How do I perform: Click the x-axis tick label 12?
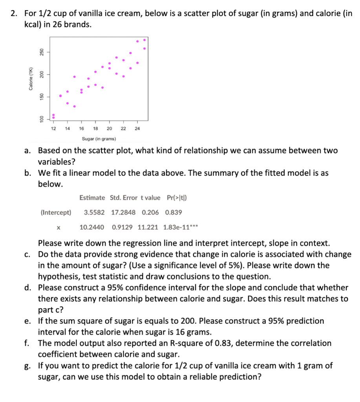[x=53, y=128]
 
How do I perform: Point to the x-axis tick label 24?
[x=137, y=128]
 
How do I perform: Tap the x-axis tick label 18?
[x=95, y=128]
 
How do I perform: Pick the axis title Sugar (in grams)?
[x=99, y=139]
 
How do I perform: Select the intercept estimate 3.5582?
[x=94, y=212]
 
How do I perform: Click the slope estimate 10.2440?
[x=91, y=227]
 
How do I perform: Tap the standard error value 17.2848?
[x=123, y=212]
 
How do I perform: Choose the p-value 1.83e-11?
[x=176, y=227]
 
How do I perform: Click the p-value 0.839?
[x=174, y=212]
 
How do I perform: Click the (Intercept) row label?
[x=56, y=212]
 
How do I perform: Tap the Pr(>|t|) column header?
[x=175, y=197]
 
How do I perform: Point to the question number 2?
[x=14, y=14]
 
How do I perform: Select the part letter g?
[x=26, y=366]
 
